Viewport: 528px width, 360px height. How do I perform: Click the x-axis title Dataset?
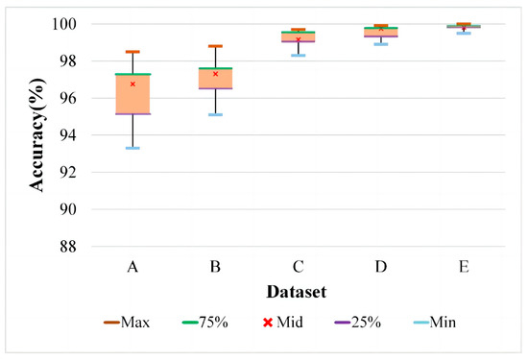pos(297,288)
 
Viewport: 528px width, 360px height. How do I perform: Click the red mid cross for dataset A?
pos(132,84)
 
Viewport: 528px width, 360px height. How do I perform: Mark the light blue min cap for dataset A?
pos(132,148)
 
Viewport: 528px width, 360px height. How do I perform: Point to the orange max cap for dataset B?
pos(215,46)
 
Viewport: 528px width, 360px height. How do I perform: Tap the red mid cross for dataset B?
pos(215,73)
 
